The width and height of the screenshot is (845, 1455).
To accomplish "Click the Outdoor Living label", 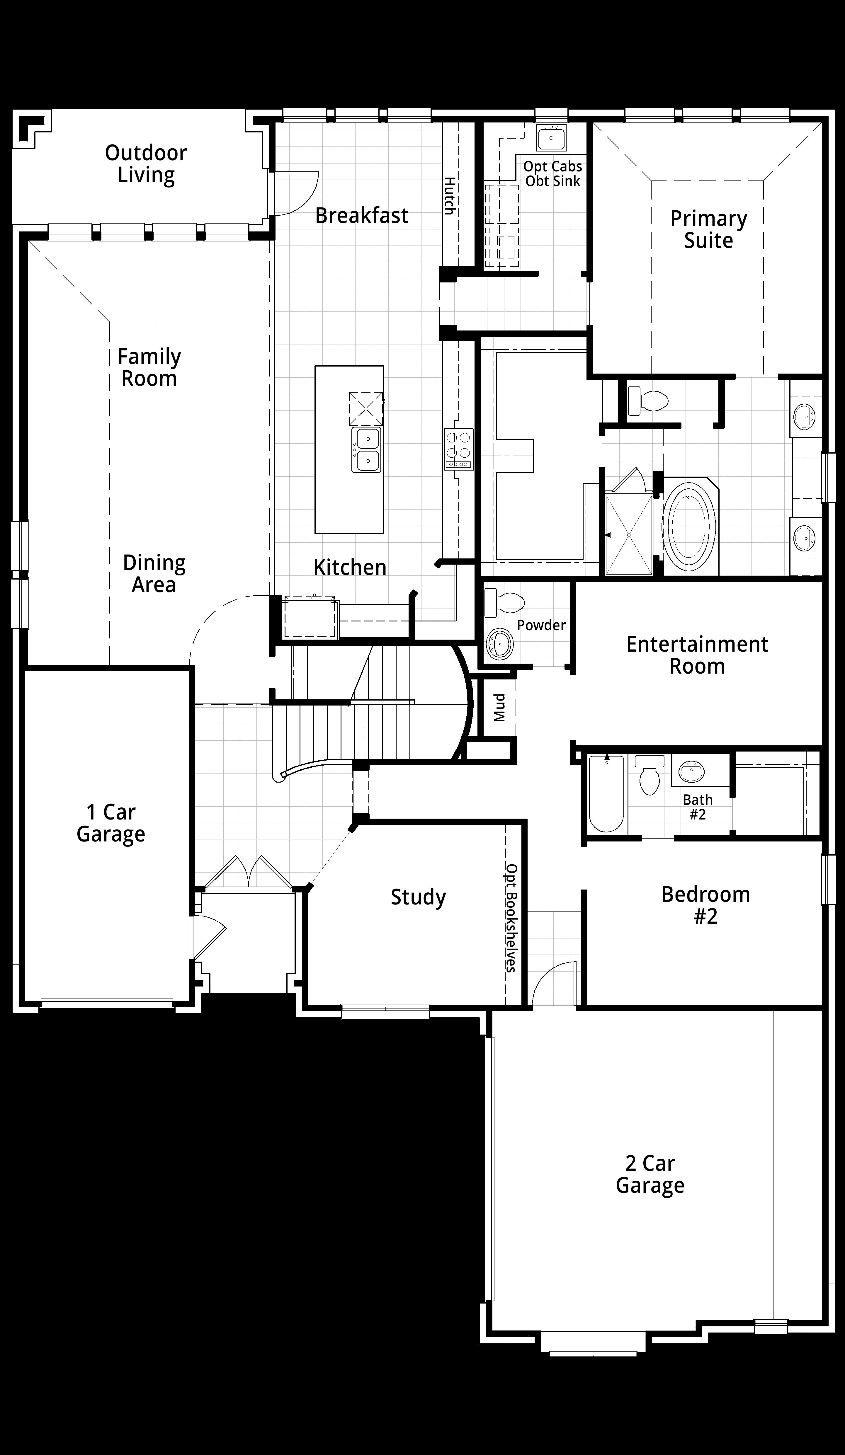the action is (146, 164).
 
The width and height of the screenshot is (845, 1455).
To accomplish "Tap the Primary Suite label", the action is (709, 229).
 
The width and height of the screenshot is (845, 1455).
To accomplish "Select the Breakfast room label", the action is (362, 215).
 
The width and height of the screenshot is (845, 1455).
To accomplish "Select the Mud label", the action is (499, 708).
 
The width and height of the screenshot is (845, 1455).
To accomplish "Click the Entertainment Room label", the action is (697, 655).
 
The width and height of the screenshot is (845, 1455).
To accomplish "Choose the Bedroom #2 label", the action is (706, 905).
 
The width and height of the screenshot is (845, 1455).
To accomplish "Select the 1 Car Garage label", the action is (111, 823).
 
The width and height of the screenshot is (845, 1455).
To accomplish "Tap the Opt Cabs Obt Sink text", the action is (553, 174).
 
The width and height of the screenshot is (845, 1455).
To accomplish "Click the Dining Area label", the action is (154, 573).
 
